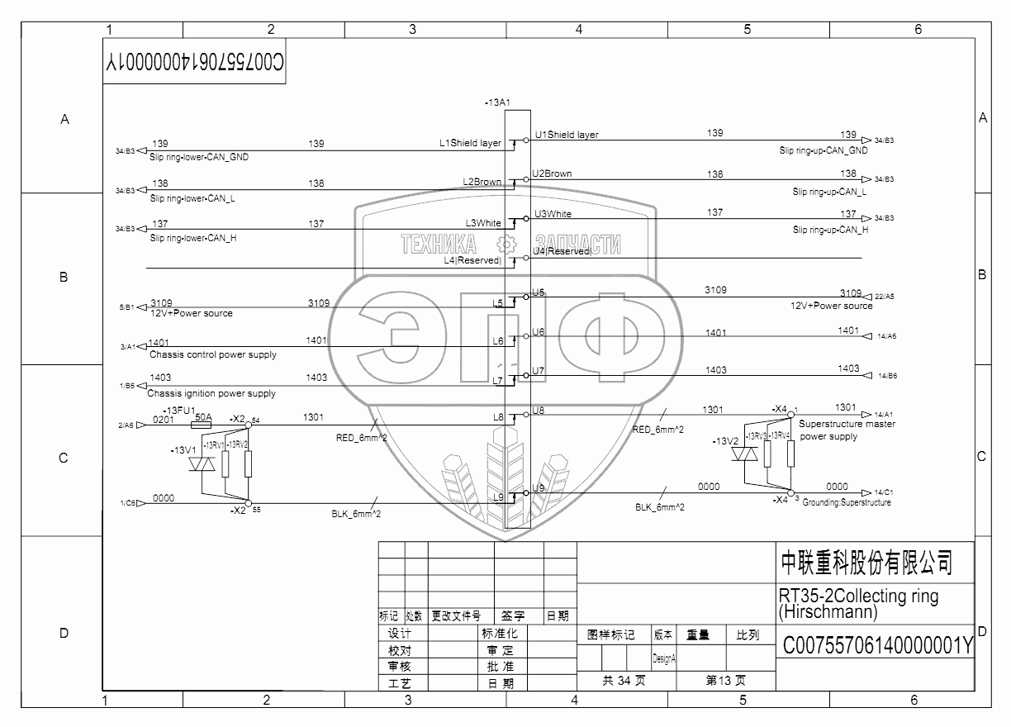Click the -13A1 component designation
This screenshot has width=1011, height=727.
click(498, 102)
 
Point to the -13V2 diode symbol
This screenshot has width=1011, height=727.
click(748, 456)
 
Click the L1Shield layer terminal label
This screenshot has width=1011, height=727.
click(470, 143)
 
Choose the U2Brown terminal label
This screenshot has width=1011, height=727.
click(553, 174)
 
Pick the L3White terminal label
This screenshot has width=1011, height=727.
click(483, 223)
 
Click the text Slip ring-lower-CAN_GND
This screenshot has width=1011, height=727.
click(199, 157)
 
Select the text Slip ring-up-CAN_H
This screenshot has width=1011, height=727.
click(830, 230)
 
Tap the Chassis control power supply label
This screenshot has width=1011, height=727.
click(213, 354)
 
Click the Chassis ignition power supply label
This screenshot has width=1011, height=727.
click(211, 394)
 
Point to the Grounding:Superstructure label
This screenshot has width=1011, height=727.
click(847, 502)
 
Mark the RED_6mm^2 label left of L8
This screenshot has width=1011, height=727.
click(362, 439)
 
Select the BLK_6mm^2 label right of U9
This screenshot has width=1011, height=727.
click(659, 507)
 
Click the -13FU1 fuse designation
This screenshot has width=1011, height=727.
click(179, 411)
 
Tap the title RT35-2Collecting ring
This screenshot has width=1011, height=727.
click(859, 596)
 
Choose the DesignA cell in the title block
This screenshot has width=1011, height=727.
click(664, 658)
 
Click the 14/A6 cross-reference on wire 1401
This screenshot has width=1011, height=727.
click(887, 336)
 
